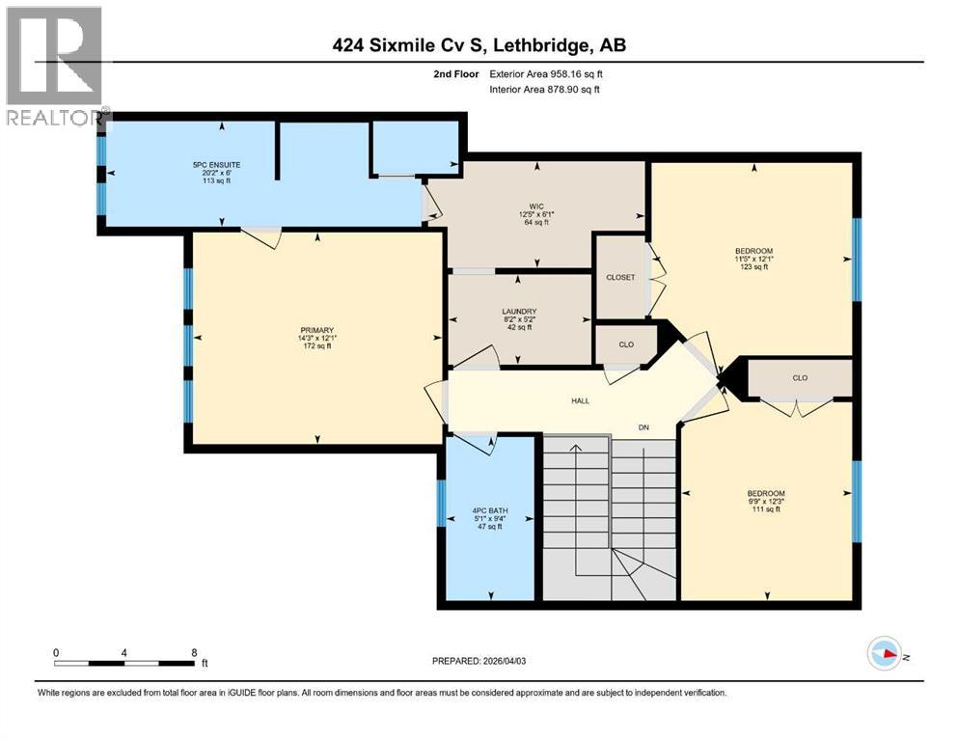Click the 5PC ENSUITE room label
(217, 165)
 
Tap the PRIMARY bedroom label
(316, 329)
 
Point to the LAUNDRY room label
(519, 311)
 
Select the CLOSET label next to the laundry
(620, 278)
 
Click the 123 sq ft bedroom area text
(753, 267)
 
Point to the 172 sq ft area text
(316, 345)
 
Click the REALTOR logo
(54, 68)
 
